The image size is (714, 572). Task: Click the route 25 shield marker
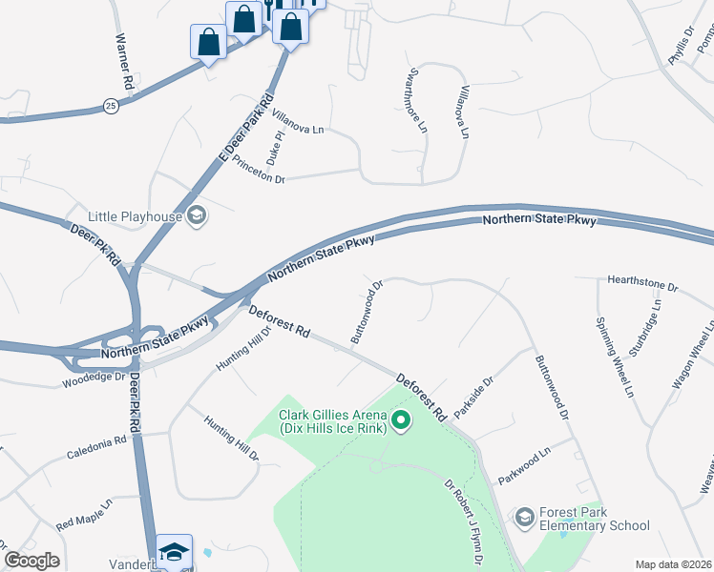pyautogui.click(x=112, y=107)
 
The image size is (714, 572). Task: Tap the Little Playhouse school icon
pyautogui.click(x=197, y=215)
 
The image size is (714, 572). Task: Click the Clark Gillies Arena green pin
pyautogui.click(x=401, y=419)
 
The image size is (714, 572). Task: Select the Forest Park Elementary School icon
pyautogui.click(x=524, y=518)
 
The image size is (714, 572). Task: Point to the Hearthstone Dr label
pyautogui.click(x=641, y=285)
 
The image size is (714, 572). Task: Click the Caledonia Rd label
pyautogui.click(x=96, y=448)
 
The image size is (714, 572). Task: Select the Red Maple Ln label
pyautogui.click(x=84, y=513)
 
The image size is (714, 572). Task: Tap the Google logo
pyautogui.click(x=31, y=561)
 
